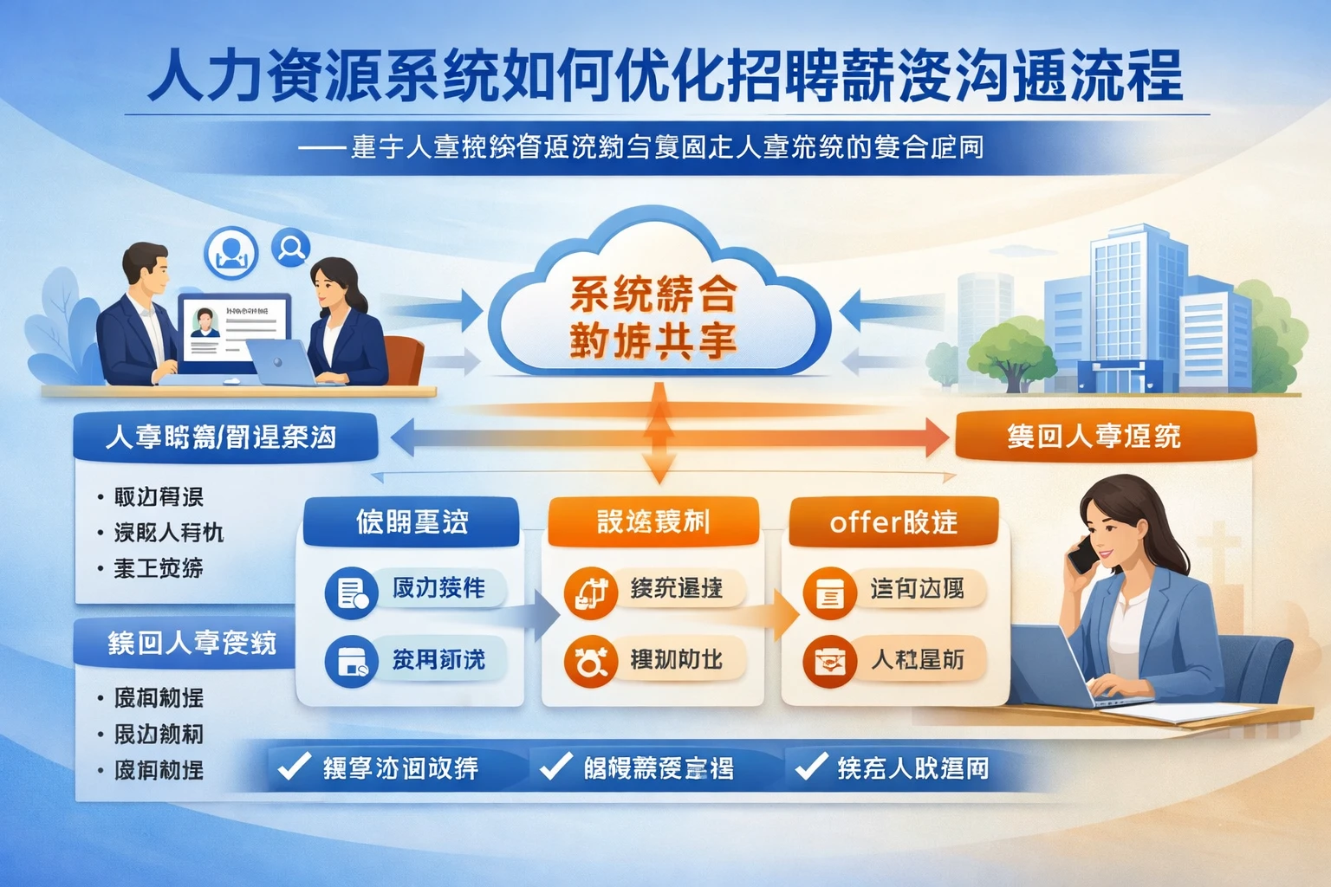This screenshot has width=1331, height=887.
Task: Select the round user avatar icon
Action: pyautogui.click(x=230, y=252)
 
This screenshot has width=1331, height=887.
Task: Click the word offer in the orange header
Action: pyautogui.click(x=861, y=522)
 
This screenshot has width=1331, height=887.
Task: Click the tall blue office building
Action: pyautogui.click(x=1126, y=303)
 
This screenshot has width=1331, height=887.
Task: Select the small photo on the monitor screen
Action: pyautogui.click(x=205, y=323)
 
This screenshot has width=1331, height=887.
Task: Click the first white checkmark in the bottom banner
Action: pyautogui.click(x=293, y=767)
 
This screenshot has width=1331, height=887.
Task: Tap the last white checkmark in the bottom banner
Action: pyautogui.click(x=811, y=767)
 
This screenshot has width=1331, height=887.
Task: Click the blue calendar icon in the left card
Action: pyautogui.click(x=351, y=662)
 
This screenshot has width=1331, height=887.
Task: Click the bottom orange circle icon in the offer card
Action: pyautogui.click(x=829, y=662)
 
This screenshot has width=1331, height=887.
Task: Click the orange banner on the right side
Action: pyautogui.click(x=1105, y=436)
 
